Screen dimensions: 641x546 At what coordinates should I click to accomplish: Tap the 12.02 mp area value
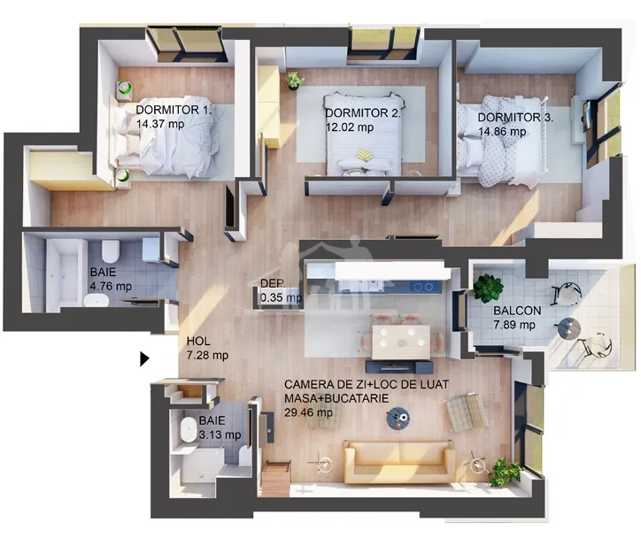coord(350,127)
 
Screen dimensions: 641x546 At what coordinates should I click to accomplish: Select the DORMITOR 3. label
coord(515,118)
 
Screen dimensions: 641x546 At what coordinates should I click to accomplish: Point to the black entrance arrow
coord(144,358)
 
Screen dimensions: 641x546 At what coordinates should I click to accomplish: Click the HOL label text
coord(198,342)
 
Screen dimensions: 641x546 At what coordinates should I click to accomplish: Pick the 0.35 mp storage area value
coord(281,297)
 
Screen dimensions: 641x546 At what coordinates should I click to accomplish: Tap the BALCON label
coord(517,311)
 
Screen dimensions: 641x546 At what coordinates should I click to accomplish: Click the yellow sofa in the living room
coord(399,461)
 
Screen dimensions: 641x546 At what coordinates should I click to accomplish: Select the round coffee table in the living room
coord(398,419)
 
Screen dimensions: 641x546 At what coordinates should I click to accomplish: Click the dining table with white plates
coord(401,342)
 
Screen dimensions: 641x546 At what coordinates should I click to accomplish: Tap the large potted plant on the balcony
coord(488,288)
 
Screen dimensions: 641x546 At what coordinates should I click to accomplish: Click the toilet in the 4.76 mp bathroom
coord(111,251)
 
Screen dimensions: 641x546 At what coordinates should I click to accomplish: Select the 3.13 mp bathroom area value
coord(220,434)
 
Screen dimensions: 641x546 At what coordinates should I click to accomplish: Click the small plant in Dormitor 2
coord(294,81)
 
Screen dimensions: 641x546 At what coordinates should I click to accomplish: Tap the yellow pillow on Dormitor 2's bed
coord(364,155)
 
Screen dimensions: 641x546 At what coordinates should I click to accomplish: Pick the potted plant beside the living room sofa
coord(506,472)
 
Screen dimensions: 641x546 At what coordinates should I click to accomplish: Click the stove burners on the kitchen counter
coord(423,287)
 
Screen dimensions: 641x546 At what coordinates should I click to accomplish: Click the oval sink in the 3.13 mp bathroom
coord(188,429)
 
